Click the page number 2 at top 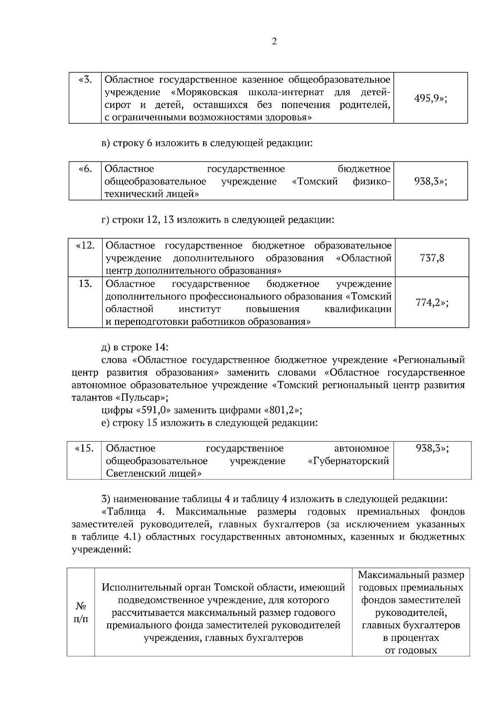point(274,41)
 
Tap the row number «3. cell point(85,79)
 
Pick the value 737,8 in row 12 point(432,258)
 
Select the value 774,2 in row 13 point(432,303)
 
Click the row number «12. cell point(85,245)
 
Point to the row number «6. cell point(85,169)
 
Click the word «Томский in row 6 point(314,181)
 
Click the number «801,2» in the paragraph point(282,410)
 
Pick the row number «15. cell point(84,449)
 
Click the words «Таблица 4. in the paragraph point(135,512)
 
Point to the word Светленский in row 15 point(133,474)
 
